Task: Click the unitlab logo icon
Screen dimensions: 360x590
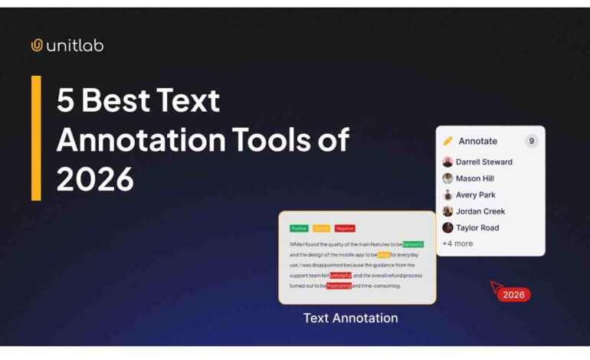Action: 37,45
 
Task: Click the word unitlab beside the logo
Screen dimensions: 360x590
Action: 74,45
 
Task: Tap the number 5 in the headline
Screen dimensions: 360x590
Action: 65,101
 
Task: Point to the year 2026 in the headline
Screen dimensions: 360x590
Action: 95,179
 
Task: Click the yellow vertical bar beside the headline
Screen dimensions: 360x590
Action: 36,138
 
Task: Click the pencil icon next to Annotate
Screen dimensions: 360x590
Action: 448,141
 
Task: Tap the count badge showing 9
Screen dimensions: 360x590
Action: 531,141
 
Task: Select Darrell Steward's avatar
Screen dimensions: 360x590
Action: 447,162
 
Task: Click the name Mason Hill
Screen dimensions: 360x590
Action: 475,178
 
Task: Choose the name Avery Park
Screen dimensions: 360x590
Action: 476,195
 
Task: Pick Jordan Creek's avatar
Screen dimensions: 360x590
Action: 447,211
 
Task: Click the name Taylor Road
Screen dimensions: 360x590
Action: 477,227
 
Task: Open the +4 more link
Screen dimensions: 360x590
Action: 457,244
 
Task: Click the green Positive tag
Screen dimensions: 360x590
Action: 299,228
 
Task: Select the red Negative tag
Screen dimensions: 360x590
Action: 345,228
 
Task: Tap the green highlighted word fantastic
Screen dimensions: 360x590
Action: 413,244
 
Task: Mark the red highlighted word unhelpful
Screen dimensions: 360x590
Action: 341,275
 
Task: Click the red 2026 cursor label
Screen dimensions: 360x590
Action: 513,295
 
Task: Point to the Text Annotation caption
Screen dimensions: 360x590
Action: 350,318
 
